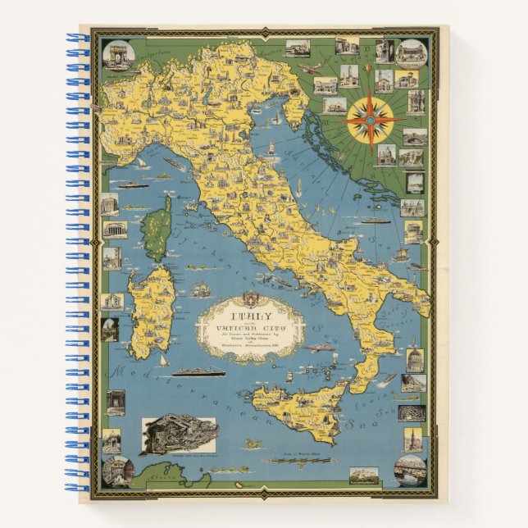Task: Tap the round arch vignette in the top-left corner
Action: point(116,55)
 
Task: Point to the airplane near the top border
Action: point(311,70)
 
